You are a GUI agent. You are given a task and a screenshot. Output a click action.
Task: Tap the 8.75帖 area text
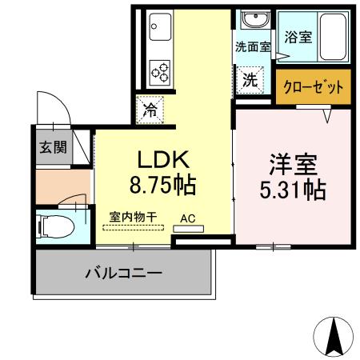click(x=163, y=186)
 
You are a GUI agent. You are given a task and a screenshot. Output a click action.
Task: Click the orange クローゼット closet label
click(x=314, y=86)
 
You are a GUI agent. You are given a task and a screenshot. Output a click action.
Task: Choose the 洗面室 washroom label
click(x=251, y=46)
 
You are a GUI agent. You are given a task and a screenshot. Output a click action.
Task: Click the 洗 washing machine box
click(x=250, y=79)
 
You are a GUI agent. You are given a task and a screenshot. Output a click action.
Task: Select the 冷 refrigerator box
click(x=150, y=110)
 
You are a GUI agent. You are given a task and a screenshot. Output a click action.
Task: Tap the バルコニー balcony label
click(x=124, y=273)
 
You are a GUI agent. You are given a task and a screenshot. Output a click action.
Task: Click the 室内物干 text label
click(x=132, y=216)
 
